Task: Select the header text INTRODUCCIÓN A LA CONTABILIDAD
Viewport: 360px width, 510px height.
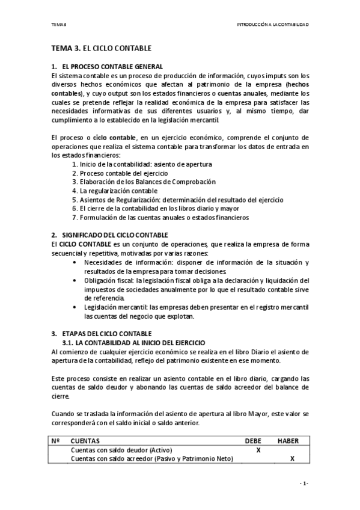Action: tap(273, 25)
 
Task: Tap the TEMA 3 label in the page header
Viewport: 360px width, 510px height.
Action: tap(59, 25)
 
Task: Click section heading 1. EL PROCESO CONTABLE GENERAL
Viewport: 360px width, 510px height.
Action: tap(107, 66)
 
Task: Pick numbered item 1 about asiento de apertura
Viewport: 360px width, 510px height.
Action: tap(141, 164)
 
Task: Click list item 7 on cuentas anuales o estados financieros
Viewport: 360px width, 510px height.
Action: tap(160, 217)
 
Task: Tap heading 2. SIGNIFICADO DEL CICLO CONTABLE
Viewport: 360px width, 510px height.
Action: tap(109, 235)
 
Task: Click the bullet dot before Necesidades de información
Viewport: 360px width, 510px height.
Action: tap(74, 263)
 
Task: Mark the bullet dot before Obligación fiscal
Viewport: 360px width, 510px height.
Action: tap(74, 280)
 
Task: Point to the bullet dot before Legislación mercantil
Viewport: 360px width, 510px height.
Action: tap(74, 307)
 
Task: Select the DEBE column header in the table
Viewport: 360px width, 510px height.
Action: tap(254, 441)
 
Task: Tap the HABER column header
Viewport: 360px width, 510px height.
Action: tap(288, 441)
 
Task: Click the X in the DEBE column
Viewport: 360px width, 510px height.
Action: tap(258, 450)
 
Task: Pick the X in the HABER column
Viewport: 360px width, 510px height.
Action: tap(292, 459)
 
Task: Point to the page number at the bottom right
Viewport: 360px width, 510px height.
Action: tap(305, 484)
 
